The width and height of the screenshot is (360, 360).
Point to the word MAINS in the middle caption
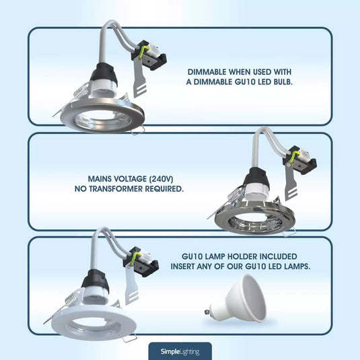point(102,179)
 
